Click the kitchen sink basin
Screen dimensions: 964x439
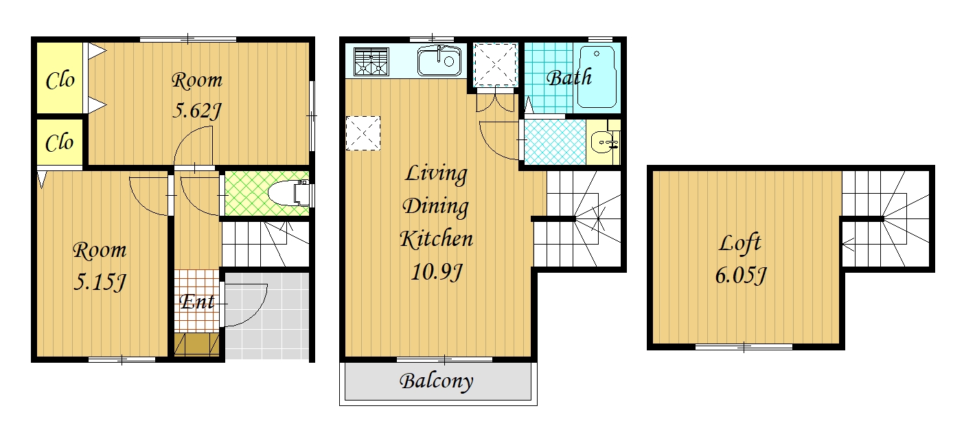pos(439,60)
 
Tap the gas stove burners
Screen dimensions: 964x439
pos(371,61)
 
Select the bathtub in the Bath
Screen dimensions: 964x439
pos(597,77)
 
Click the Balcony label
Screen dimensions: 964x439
pos(437,381)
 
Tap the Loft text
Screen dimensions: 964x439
pos(739,243)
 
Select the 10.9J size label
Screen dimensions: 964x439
pos(437,272)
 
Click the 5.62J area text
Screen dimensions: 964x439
pos(196,111)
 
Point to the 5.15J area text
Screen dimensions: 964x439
pos(100,282)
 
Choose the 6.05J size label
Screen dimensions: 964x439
pos(741,275)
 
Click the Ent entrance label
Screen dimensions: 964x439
pos(197,302)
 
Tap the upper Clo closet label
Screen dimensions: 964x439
pos(60,80)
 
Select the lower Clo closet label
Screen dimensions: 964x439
pos(59,143)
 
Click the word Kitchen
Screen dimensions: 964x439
pos(437,238)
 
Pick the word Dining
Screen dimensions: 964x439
pos(435,206)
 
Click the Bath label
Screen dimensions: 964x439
pos(569,78)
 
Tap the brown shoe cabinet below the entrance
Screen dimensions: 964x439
pos(196,344)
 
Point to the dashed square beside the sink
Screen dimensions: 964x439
pos(495,65)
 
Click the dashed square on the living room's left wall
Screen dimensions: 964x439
pos(363,133)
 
